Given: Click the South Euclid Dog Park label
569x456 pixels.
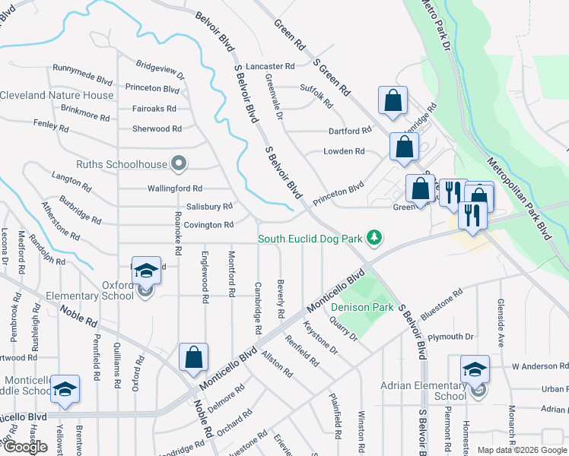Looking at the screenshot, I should coord(309,239).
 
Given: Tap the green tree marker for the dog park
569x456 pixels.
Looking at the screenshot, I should coord(374,239).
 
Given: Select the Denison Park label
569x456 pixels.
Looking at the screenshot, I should coord(362,307).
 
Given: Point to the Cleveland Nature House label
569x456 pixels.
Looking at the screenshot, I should coord(57,95).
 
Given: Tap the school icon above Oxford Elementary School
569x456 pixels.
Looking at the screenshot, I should coord(146,271).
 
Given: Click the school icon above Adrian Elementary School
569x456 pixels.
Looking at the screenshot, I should coord(475,369).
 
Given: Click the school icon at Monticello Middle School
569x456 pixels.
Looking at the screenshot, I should coord(65,389).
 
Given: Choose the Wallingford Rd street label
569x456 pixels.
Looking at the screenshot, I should coord(175,188).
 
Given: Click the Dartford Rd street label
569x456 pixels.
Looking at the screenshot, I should coord(349,131).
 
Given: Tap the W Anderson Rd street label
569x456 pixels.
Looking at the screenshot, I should coord(539,366).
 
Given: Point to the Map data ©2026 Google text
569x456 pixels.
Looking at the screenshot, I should coord(522,450).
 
